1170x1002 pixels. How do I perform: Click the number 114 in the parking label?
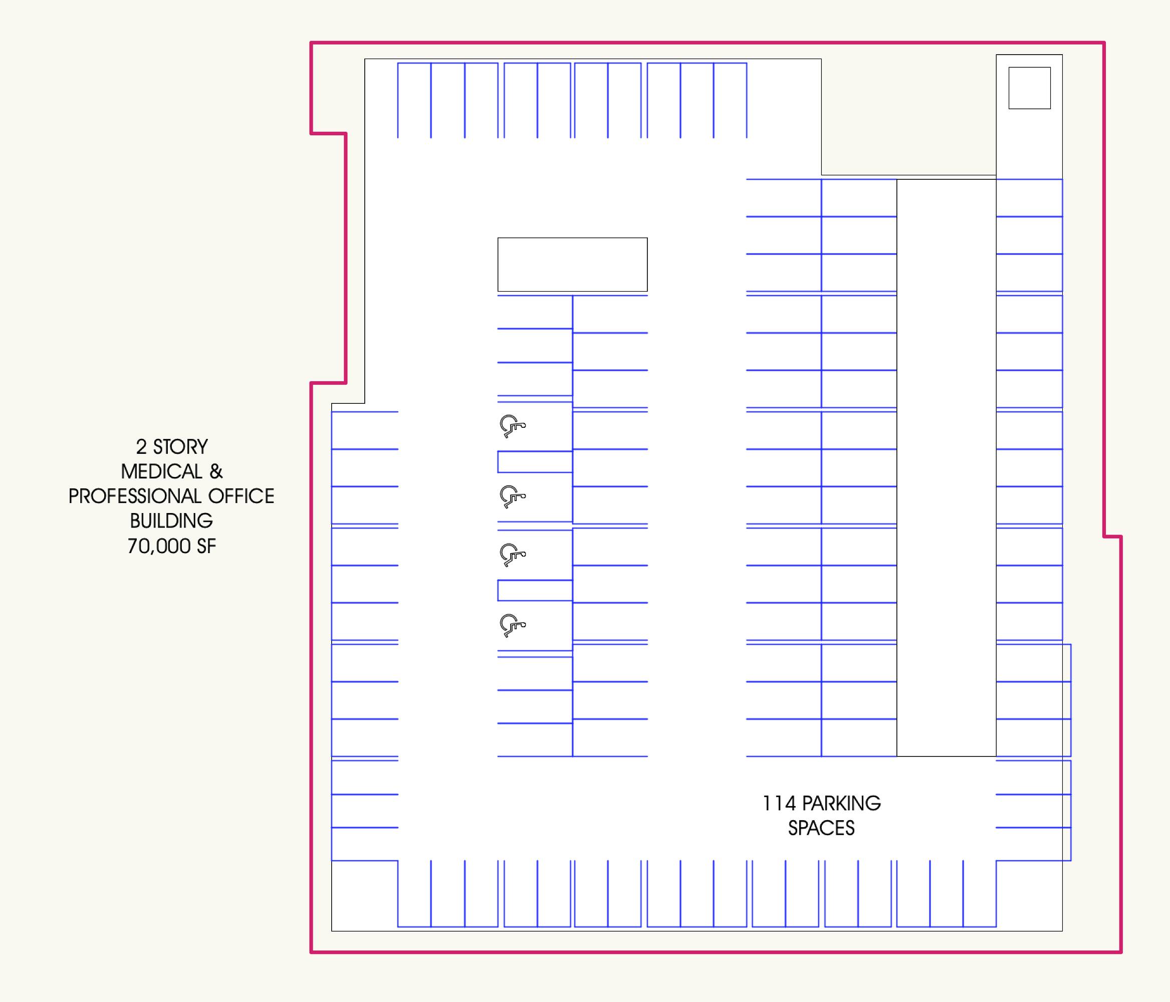779,803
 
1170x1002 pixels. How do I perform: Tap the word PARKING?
841,803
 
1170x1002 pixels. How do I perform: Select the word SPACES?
822,828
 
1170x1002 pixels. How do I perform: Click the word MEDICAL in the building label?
161,471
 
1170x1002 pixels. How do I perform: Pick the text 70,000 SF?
172,546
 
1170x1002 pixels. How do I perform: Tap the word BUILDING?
172,521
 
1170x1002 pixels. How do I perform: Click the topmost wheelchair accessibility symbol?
512,426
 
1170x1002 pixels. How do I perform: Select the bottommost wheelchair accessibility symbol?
512,625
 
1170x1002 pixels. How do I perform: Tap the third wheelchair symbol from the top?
512,555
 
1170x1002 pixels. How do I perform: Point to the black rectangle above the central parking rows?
573,237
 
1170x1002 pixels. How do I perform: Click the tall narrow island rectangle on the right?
897,467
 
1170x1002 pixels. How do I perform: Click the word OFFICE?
241,496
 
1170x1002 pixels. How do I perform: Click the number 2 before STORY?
141,446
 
